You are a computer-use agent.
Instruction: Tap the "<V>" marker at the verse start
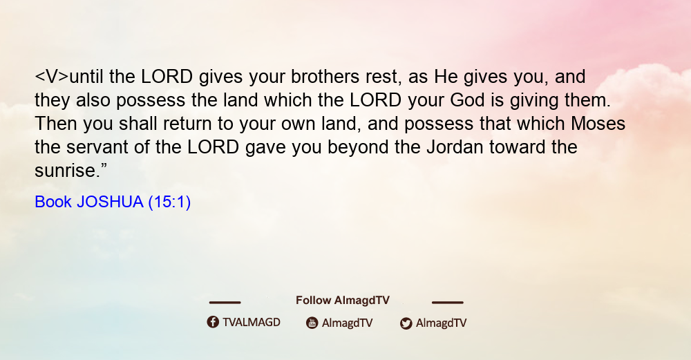pos(52,77)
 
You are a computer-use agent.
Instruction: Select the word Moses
pos(598,124)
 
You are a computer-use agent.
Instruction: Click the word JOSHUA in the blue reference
pos(110,202)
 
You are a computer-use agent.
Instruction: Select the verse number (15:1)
pos(169,202)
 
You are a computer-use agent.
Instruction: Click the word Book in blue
pos(53,202)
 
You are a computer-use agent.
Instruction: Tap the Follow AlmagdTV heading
pos(343,301)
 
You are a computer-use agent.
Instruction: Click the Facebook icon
pos(213,322)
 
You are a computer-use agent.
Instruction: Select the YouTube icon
pos(312,323)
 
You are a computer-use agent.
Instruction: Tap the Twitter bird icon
pos(406,323)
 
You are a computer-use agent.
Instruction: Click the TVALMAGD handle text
pos(252,322)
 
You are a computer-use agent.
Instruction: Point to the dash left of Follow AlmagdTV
pos(225,303)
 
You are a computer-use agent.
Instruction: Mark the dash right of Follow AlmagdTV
pos(447,303)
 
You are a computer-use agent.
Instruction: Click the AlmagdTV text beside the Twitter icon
pos(441,323)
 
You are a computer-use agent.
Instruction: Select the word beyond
pos(358,147)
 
